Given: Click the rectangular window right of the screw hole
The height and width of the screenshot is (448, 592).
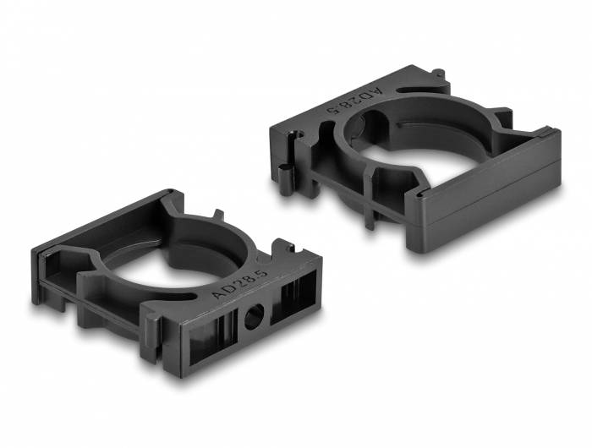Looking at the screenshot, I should [x=293, y=295].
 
